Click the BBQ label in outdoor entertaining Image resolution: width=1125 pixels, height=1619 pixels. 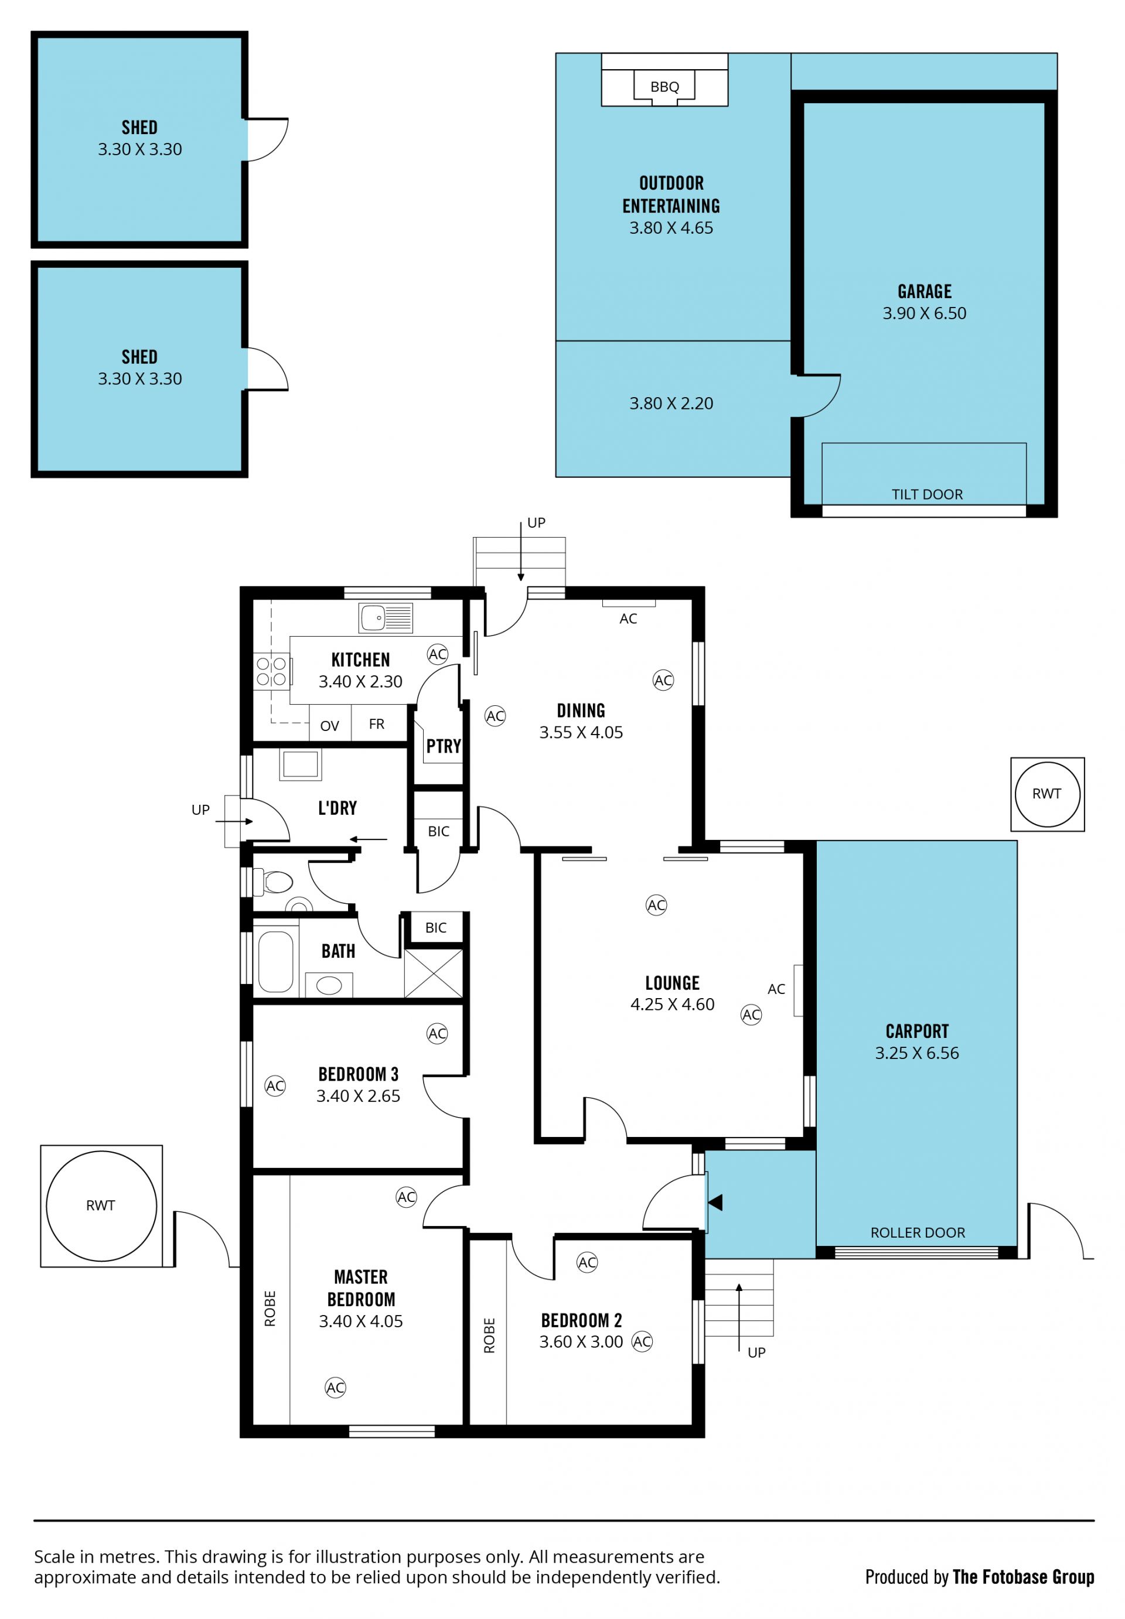[664, 87]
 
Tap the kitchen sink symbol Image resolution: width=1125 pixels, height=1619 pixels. [385, 618]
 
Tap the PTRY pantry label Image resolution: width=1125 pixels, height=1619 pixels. [444, 746]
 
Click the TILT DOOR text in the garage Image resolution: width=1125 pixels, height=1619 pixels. [927, 494]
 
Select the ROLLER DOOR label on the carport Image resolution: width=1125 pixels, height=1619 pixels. [917, 1232]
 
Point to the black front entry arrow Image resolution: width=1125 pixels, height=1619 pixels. [715, 1202]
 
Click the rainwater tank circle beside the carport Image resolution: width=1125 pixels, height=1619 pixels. [1046, 794]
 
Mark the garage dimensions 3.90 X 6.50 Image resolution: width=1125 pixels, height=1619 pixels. [924, 313]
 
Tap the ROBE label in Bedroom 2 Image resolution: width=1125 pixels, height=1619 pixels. [489, 1335]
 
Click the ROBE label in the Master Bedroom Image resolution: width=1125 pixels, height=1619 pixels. [270, 1309]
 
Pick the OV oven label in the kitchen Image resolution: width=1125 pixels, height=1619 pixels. [329, 726]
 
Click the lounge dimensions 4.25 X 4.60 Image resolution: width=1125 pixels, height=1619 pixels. [673, 1004]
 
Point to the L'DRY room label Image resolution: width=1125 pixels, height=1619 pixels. [337, 808]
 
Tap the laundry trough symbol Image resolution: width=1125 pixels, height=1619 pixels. [300, 764]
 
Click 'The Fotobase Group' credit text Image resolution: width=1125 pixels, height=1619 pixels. [1023, 1577]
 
